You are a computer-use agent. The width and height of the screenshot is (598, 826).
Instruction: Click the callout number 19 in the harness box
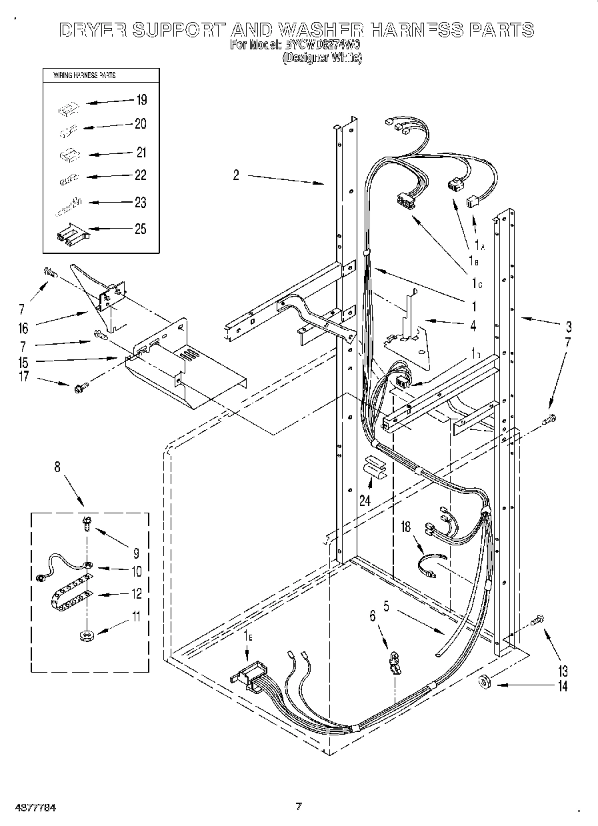point(141,100)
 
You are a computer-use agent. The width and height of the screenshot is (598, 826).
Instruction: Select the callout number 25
point(140,229)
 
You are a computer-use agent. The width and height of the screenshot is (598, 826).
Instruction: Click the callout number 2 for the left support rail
point(236,175)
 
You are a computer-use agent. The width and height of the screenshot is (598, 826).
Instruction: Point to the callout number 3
point(568,327)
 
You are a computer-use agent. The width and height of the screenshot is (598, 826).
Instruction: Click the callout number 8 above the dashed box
point(57,467)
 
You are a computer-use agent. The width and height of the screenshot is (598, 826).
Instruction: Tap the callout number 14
point(562,686)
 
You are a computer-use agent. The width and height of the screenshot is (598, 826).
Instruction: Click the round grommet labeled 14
point(484,682)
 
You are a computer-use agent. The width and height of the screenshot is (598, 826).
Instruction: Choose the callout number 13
point(562,670)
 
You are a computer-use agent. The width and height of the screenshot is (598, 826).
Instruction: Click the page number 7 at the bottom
point(299,807)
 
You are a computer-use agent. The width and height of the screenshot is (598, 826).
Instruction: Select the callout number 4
point(473,326)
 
